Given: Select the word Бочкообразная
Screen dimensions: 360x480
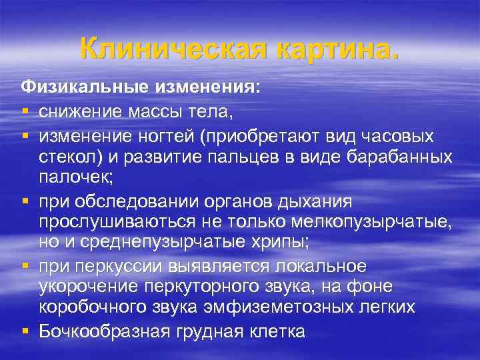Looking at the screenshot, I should [x=105, y=331].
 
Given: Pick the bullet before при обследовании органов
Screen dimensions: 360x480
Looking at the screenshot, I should [x=25, y=201].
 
